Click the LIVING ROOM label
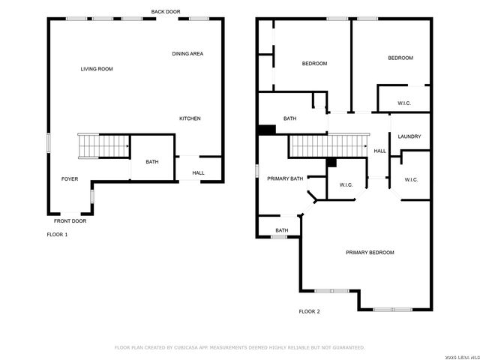[x=97, y=69]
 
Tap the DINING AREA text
[x=187, y=54]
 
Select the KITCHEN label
[x=190, y=118]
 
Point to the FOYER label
[x=70, y=179]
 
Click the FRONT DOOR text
[x=70, y=221]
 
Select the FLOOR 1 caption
[x=57, y=235]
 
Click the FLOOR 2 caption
[x=309, y=311]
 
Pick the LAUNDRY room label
[x=409, y=136]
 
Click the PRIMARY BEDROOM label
[x=370, y=253]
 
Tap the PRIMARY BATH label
[x=285, y=178]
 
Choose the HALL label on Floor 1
[x=198, y=173]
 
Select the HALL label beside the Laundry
[x=380, y=151]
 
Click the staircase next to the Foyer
[x=103, y=145]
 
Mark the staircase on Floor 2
[x=328, y=145]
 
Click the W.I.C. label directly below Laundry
[x=411, y=180]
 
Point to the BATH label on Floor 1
[x=152, y=162]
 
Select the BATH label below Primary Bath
[x=282, y=230]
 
